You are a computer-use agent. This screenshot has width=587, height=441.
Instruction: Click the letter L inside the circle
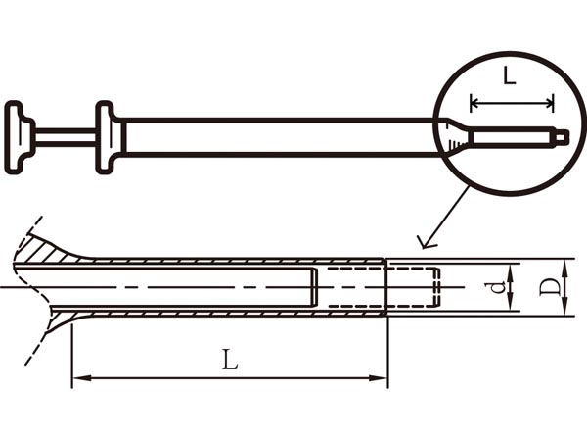click(x=509, y=77)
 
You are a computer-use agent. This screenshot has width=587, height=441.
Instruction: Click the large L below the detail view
click(x=230, y=360)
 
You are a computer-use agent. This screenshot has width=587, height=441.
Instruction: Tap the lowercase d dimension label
click(x=498, y=287)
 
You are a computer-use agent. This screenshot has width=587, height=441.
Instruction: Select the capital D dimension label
click(x=551, y=288)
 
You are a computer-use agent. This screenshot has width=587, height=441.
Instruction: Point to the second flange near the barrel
click(x=107, y=136)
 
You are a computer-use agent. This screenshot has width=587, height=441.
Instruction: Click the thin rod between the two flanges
click(x=65, y=136)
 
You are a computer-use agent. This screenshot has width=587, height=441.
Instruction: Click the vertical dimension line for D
click(x=568, y=287)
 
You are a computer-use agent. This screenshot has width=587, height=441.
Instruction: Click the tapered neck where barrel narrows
click(x=452, y=136)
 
